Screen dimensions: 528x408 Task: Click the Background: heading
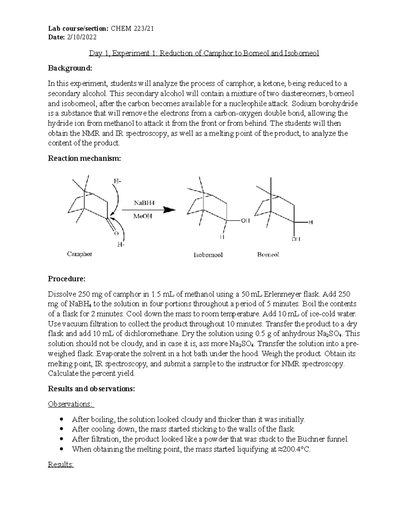(x=70, y=68)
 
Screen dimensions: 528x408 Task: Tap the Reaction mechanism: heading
(x=84, y=158)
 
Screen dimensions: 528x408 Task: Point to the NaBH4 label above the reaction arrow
(x=144, y=203)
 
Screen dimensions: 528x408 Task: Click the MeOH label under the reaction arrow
(x=143, y=216)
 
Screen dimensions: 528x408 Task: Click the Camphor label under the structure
(x=80, y=254)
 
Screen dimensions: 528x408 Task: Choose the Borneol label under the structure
(x=268, y=254)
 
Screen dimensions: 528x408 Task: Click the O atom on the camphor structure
(x=116, y=234)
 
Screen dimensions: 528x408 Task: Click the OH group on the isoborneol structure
(x=245, y=221)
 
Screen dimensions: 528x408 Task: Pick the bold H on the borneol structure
(x=310, y=222)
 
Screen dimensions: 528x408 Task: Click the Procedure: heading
(x=67, y=279)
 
